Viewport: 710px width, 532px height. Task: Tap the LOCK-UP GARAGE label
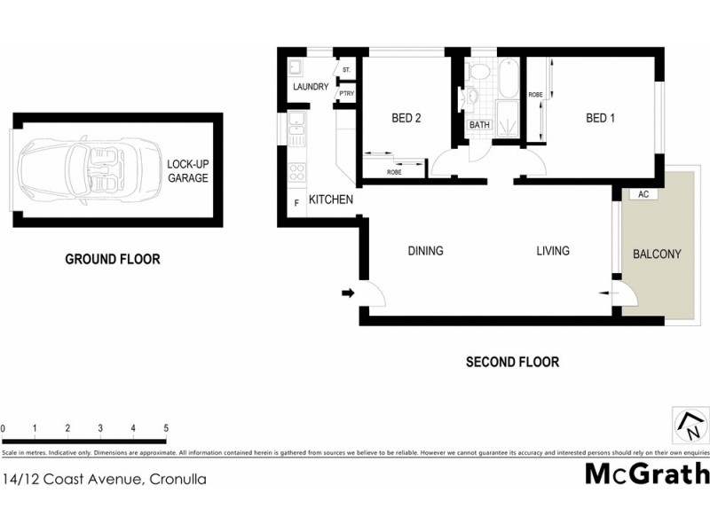coord(187,171)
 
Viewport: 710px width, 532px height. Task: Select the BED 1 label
coord(600,118)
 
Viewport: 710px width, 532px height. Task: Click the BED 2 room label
coord(406,118)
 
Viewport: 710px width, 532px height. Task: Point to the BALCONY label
coord(657,254)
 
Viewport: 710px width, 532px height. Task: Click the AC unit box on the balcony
coord(643,193)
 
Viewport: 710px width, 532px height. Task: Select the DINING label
coord(425,251)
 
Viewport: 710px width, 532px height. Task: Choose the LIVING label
coord(552,251)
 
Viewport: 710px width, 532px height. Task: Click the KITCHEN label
coord(330,199)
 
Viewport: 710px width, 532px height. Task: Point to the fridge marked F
coord(296,203)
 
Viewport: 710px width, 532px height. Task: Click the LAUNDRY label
coord(311,87)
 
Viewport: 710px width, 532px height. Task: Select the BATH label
coord(479,125)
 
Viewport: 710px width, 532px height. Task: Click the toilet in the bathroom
coord(477,71)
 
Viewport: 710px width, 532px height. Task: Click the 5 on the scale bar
coord(166,428)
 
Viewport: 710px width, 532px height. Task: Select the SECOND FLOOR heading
coord(512,362)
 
